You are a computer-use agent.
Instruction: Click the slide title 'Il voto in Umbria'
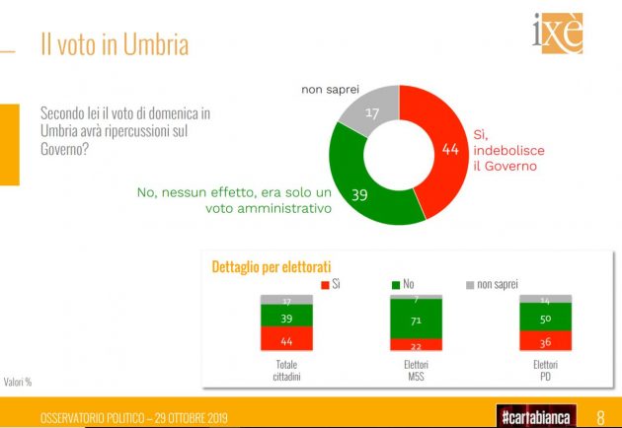point(114,44)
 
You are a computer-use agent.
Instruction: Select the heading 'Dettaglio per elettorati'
point(272,266)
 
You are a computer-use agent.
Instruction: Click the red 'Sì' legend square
point(323,285)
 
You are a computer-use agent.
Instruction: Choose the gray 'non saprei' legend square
point(469,285)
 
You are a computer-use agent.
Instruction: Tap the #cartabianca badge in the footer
point(535,416)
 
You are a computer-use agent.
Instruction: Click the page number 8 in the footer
point(601,416)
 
